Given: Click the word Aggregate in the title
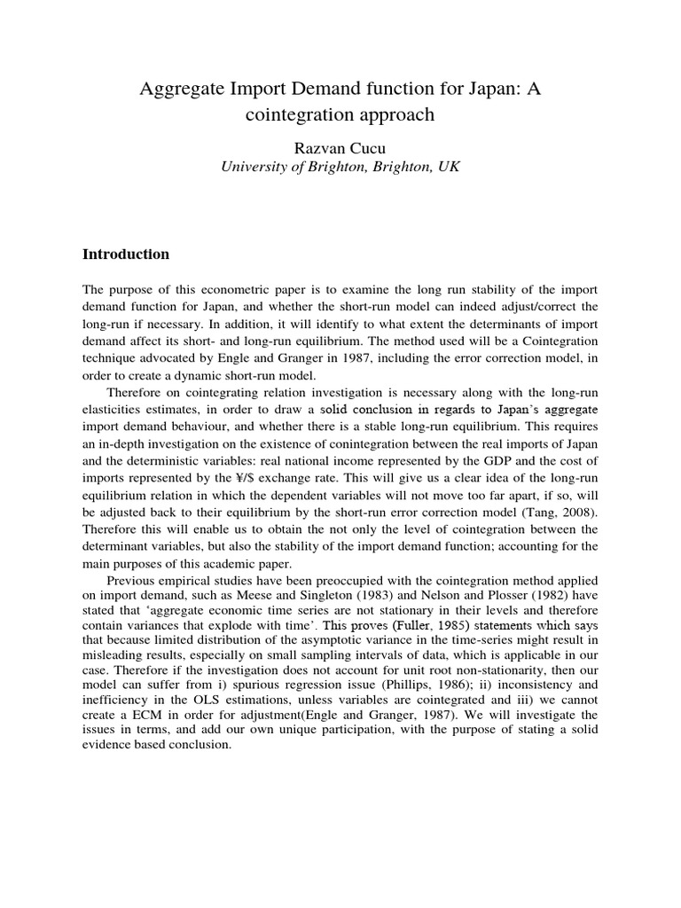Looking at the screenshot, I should [180, 88].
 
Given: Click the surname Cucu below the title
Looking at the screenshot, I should [365, 146].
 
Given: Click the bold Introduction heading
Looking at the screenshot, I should [126, 254].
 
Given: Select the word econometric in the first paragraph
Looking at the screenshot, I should [242, 290].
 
